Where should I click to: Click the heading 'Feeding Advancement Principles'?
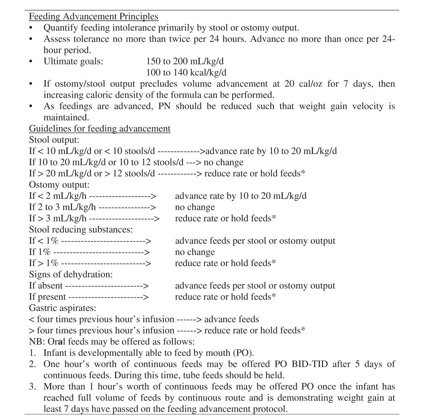[93, 16]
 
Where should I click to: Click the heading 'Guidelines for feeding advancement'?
[100, 129]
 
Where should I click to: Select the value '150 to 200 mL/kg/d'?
[185, 61]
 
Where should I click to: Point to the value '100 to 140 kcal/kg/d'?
[186, 72]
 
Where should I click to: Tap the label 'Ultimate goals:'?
[73, 61]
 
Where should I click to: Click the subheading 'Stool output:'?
[54, 140]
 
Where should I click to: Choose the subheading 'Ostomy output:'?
[59, 185]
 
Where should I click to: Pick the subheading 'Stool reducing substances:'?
[81, 229]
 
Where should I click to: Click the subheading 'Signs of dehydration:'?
[71, 274]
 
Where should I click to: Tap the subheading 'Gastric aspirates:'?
[63, 308]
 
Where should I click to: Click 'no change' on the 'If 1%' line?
[195, 252]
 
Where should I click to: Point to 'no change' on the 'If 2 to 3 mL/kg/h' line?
[195, 207]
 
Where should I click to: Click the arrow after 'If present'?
[108, 297]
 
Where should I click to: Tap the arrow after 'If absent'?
[107, 286]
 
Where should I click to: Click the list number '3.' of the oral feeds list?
[32, 387]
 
